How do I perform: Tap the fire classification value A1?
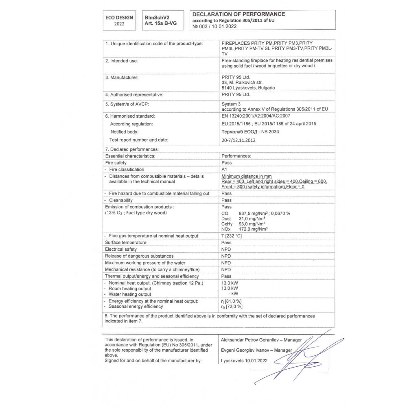pyautogui.click(x=224, y=169)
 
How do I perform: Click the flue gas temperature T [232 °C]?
pyautogui.click(x=232, y=236)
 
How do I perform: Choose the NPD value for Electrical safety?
pyautogui.click(x=226, y=249)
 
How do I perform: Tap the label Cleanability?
pyautogui.click(x=120, y=200)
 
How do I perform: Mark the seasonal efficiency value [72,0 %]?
pyautogui.click(x=234, y=306)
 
